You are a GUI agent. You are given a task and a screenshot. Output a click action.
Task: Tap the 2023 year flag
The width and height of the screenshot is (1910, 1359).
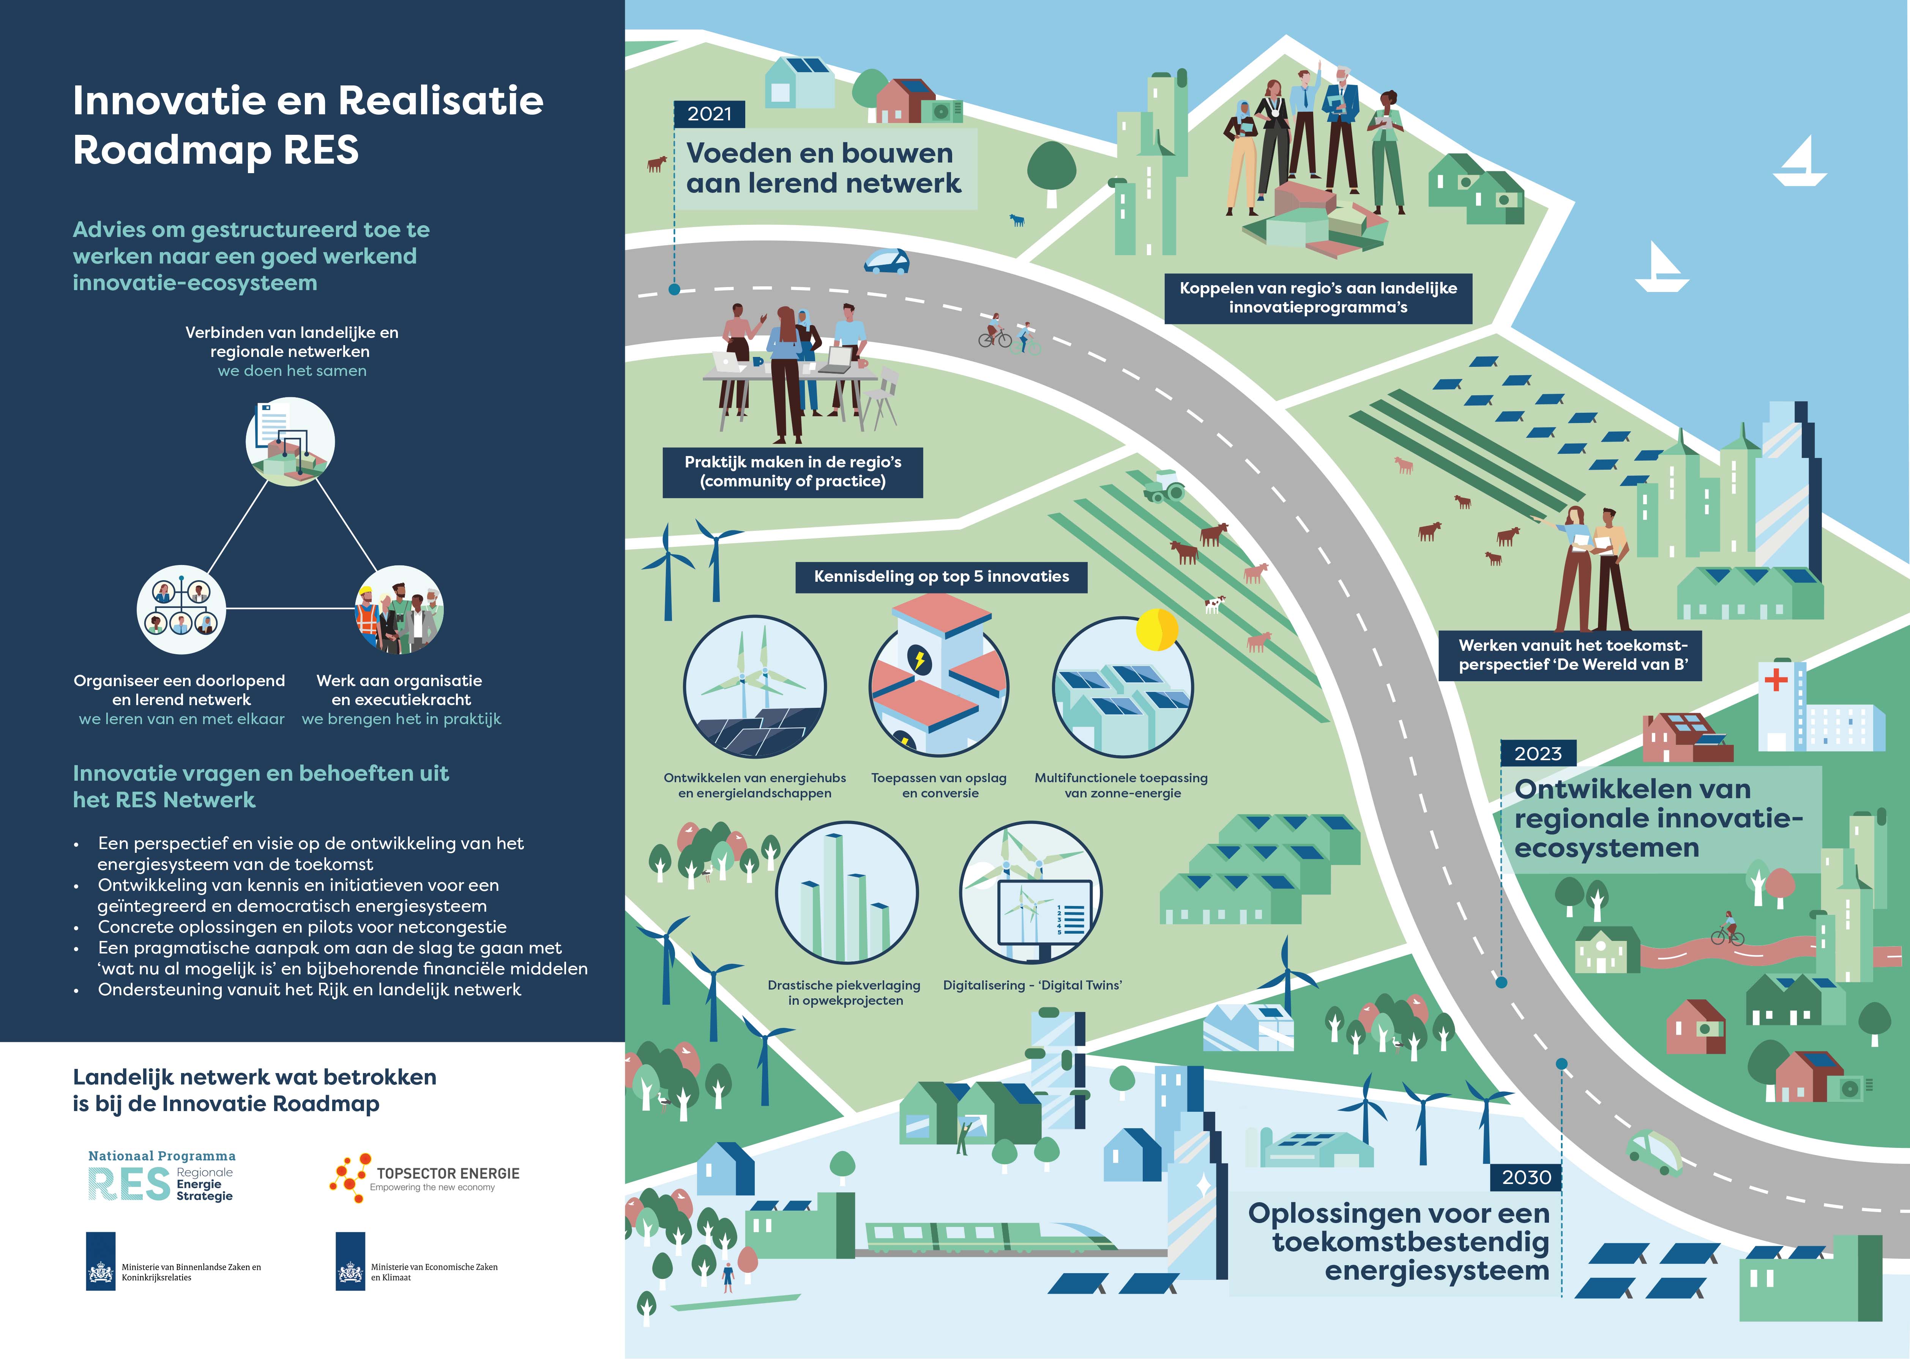click(1538, 753)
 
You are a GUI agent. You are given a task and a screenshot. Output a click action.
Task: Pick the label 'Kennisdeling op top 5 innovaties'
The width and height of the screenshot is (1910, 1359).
click(941, 576)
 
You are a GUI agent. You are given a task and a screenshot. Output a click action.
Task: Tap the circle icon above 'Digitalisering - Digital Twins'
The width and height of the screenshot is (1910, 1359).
click(1031, 892)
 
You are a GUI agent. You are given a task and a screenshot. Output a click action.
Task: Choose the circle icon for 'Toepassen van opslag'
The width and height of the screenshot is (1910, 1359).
click(939, 686)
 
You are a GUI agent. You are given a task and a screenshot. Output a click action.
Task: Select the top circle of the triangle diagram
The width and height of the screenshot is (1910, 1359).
click(290, 441)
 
